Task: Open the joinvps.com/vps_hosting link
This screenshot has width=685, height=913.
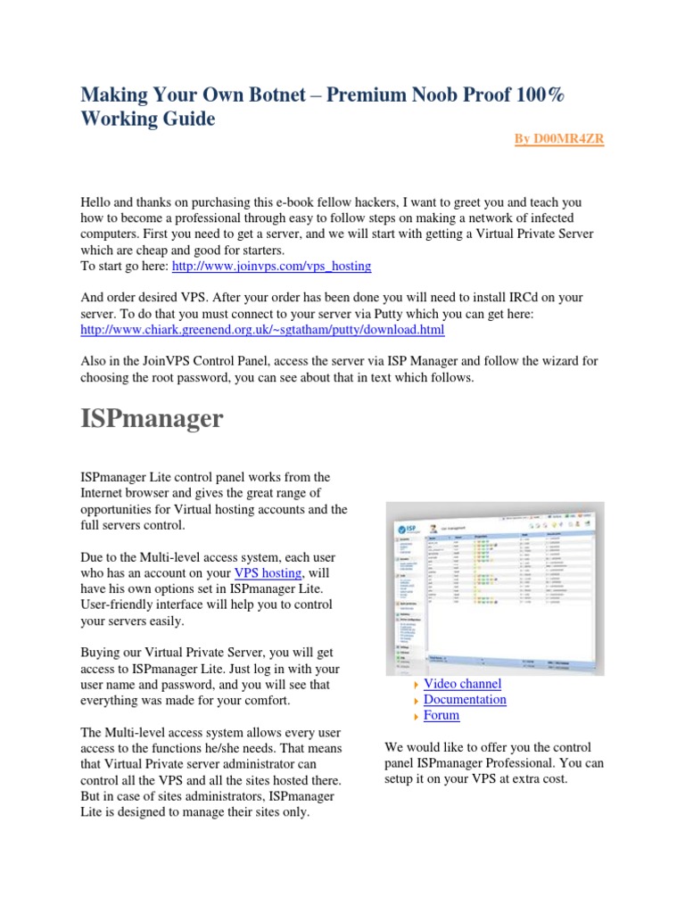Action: point(271,266)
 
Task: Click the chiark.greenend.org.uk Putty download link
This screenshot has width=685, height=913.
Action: point(262,330)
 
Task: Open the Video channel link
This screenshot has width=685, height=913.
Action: point(462,684)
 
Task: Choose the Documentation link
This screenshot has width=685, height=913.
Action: point(465,700)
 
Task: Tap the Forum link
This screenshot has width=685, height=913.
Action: point(442,715)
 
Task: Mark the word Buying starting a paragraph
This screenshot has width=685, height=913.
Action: point(102,653)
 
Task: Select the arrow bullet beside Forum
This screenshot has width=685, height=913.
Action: point(416,716)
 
